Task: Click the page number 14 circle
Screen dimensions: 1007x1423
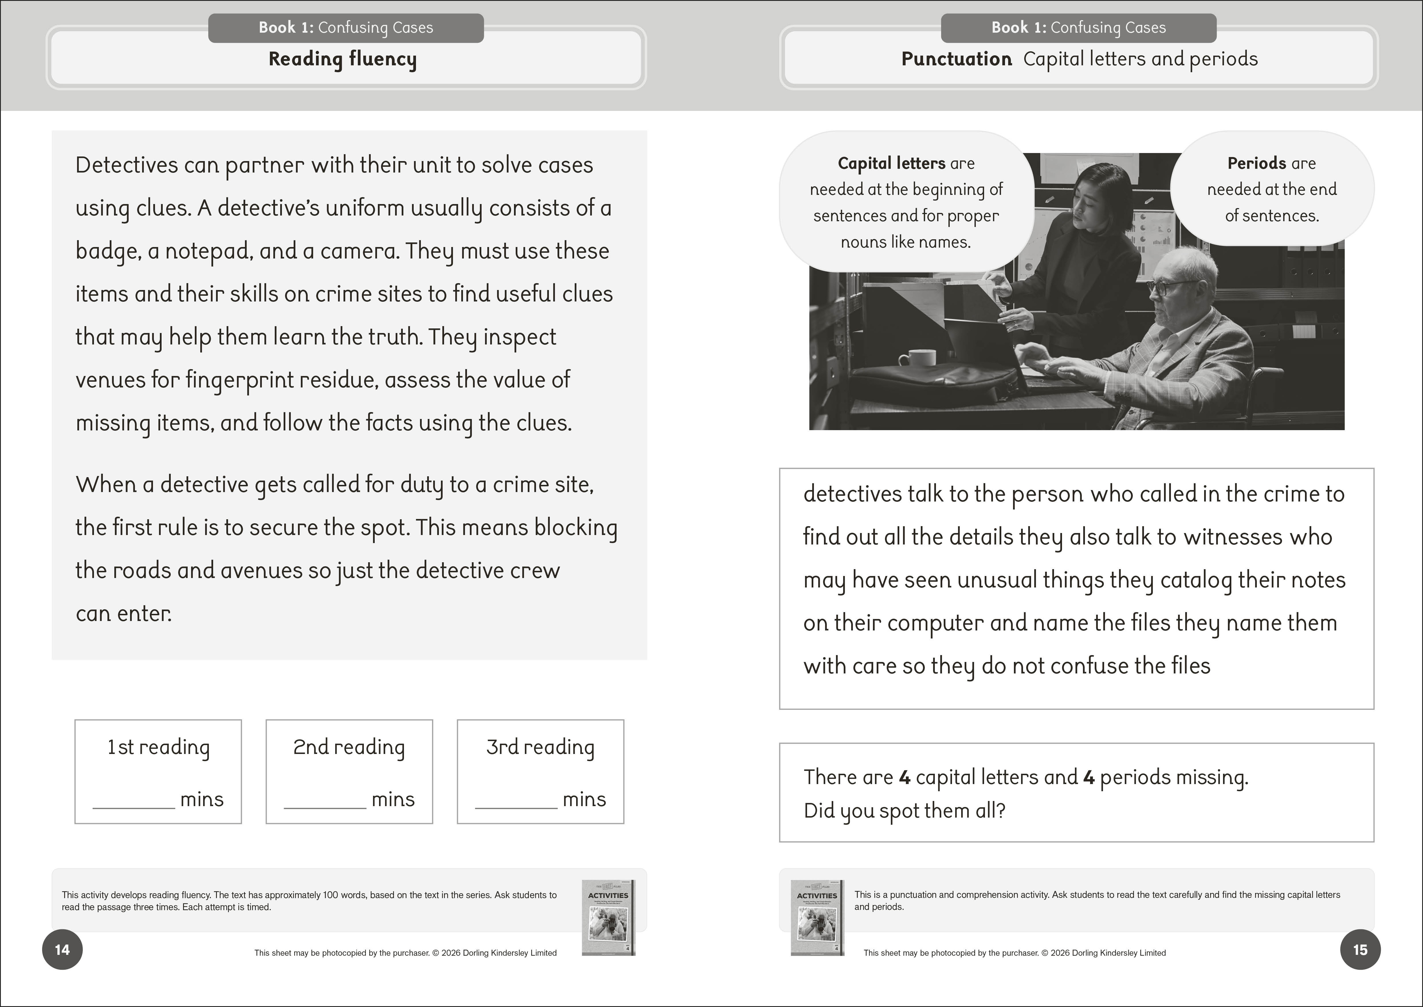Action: point(62,949)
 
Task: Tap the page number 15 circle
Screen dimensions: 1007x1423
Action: point(1360,949)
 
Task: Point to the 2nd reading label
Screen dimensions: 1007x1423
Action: point(349,747)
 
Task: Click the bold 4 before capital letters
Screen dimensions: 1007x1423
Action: point(904,777)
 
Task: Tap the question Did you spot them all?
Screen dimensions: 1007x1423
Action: point(904,810)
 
